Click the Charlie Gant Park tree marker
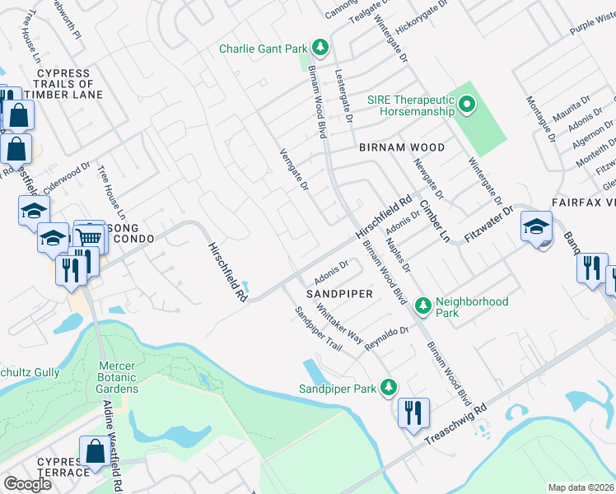coord(320,49)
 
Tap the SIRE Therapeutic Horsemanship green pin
coord(467,105)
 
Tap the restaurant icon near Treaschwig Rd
coord(413,412)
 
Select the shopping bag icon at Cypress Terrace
coord(94,452)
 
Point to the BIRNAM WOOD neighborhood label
coord(401,147)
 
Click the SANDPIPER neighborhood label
coord(340,293)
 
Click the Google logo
coord(27,484)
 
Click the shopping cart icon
coord(91,237)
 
